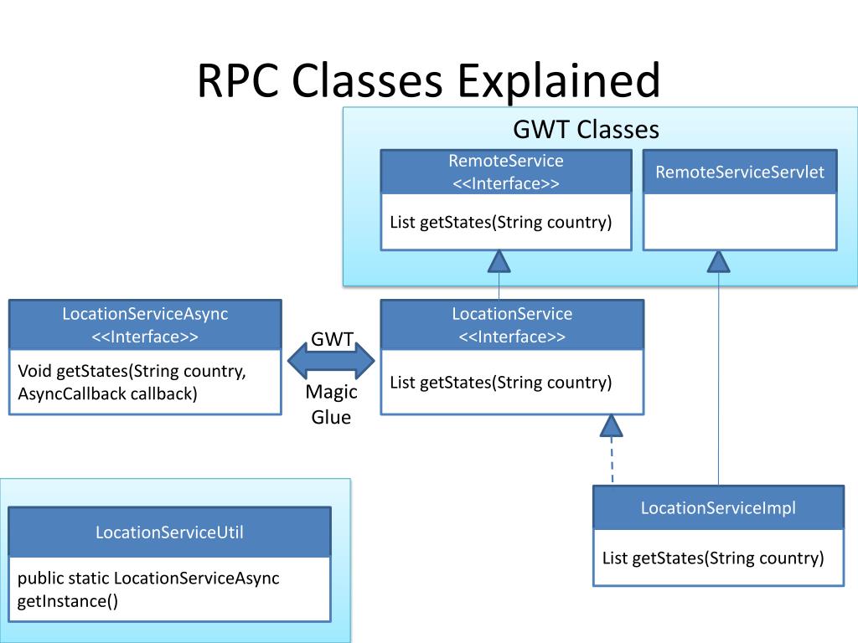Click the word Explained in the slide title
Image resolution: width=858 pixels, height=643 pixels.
tap(559, 82)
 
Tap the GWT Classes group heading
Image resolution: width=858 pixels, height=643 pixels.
tap(586, 130)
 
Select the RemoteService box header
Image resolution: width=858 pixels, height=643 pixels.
tap(506, 172)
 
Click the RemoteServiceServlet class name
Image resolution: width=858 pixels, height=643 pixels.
tap(740, 172)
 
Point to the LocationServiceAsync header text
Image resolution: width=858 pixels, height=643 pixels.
tap(145, 325)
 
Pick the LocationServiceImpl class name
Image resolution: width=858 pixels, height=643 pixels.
tap(718, 508)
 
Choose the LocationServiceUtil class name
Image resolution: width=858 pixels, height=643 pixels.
tap(169, 532)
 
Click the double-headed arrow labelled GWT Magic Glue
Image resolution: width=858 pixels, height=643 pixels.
tap(331, 360)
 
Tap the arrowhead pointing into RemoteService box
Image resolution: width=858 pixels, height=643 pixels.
tap(499, 261)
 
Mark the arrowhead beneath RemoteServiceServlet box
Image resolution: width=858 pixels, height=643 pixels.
tap(718, 261)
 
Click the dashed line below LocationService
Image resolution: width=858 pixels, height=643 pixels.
tap(612, 460)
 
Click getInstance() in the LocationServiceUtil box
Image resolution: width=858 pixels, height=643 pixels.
tap(68, 601)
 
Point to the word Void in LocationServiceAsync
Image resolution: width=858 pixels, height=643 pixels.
tap(35, 371)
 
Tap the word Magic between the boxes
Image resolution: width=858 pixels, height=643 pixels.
tap(331, 392)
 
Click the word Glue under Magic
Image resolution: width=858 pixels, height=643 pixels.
tap(331, 417)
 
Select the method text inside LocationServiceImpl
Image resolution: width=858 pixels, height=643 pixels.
tap(713, 558)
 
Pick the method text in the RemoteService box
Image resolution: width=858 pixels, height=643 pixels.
tap(501, 223)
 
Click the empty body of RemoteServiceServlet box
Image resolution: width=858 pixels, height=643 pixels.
tap(740, 221)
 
